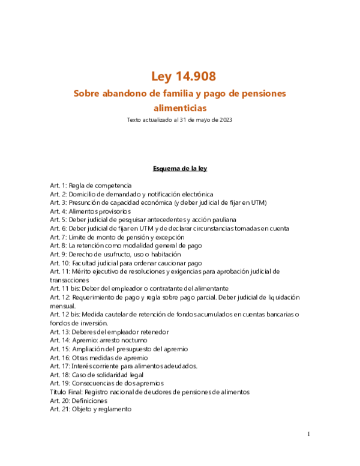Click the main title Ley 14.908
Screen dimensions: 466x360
point(179,76)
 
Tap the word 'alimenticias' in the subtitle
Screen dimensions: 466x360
point(179,108)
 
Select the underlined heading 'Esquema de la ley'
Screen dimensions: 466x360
point(179,168)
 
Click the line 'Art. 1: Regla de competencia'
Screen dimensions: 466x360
point(91,186)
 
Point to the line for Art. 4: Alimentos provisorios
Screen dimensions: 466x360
point(90,211)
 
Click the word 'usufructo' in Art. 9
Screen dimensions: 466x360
point(119,254)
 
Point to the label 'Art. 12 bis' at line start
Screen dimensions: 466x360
point(65,315)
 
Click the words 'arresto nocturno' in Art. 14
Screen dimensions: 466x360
point(125,340)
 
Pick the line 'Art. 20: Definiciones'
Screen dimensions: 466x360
point(79,401)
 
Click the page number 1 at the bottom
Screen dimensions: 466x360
point(308,434)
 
